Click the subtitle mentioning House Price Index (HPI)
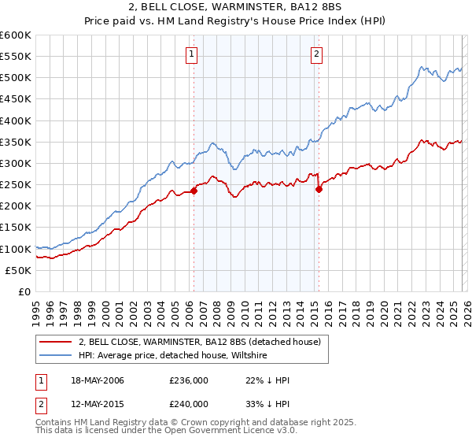[236, 21]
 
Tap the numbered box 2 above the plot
[316, 54]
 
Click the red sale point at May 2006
[194, 191]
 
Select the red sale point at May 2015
[319, 189]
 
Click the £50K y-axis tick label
[18, 270]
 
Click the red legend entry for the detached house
[200, 342]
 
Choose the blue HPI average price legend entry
[173, 356]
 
